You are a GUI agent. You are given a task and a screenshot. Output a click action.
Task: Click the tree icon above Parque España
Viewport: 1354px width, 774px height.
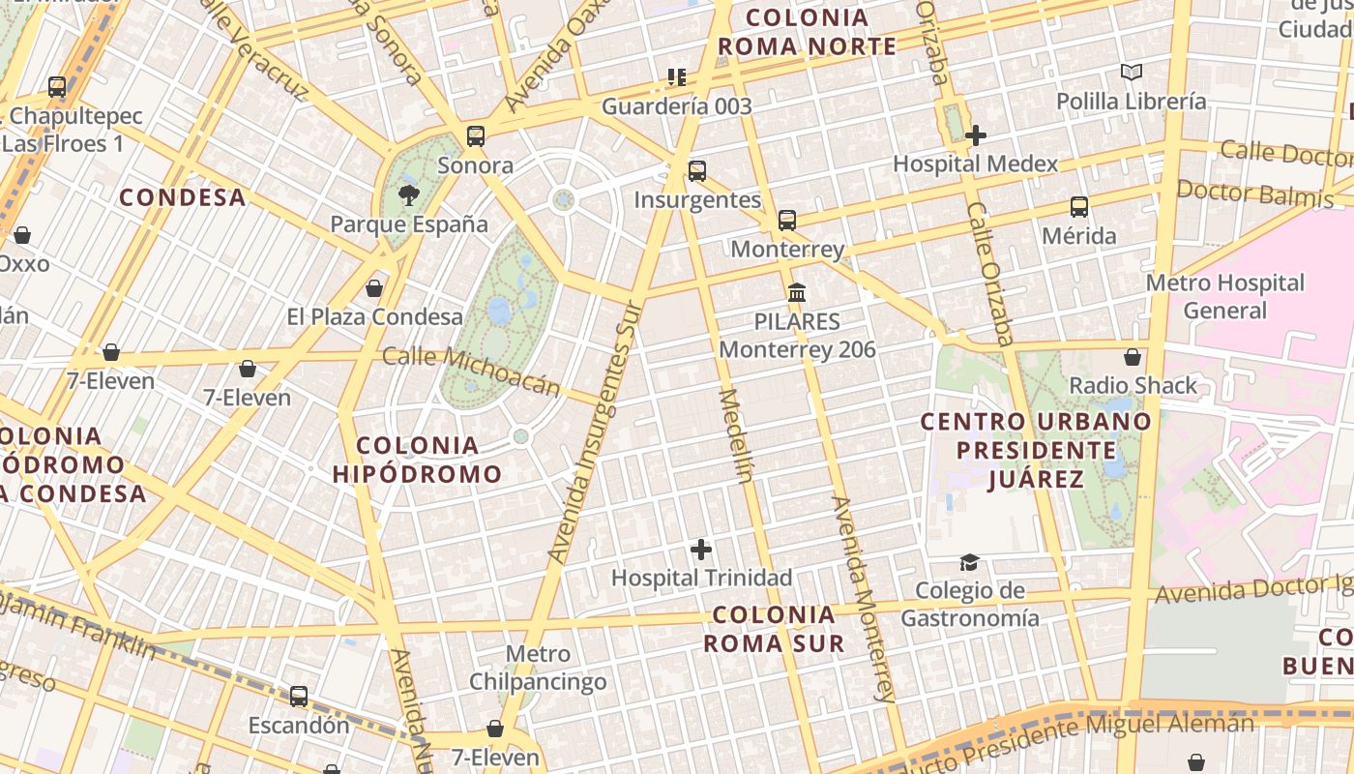pos(409,195)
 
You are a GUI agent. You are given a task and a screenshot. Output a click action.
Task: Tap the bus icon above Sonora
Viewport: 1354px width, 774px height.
pos(475,136)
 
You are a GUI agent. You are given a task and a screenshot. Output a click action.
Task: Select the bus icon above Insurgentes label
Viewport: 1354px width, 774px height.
pos(697,171)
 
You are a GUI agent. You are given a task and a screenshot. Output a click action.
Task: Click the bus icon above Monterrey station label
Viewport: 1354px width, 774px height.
pos(787,221)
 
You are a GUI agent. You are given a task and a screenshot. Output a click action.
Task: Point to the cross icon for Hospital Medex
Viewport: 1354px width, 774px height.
pos(976,135)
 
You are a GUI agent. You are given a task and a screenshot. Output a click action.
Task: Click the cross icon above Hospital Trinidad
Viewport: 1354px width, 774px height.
pos(701,551)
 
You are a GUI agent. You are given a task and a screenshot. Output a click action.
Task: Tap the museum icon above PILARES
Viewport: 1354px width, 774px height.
pos(797,292)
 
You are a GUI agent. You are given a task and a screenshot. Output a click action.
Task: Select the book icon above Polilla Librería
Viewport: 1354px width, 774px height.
pos(1131,73)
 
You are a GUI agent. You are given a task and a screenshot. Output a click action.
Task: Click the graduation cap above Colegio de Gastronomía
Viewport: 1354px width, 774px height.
pos(969,563)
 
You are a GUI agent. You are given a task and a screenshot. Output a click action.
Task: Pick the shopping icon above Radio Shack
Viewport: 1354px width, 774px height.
pos(1133,358)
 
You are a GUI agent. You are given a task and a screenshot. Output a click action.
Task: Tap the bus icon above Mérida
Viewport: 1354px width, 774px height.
pos(1079,207)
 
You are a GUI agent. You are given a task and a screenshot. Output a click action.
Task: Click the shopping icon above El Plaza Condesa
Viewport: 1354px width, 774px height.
pos(374,288)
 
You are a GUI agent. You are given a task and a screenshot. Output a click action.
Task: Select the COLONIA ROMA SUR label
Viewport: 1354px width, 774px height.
pos(774,629)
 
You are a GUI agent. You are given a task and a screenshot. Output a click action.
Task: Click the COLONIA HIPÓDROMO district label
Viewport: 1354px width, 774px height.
pos(418,460)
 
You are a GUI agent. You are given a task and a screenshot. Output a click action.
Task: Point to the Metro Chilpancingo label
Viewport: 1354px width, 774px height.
pos(538,668)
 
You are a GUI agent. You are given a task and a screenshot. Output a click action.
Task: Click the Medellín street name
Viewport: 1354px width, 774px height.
pos(735,435)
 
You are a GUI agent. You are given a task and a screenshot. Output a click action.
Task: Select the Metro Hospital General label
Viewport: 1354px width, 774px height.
pos(1224,296)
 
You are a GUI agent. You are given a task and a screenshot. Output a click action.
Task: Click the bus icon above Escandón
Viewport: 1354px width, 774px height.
pos(299,697)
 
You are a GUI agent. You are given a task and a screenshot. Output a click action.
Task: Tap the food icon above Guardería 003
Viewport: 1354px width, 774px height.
pos(676,77)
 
